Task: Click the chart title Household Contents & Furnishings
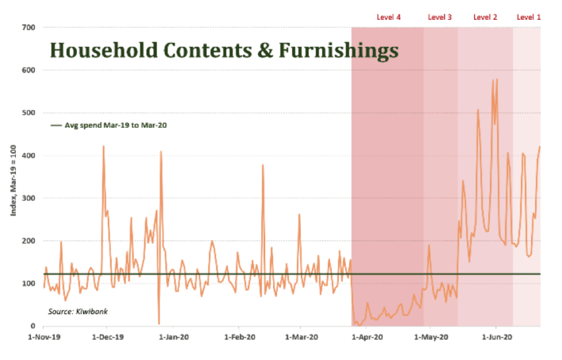[224, 51]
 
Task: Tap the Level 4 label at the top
[388, 17]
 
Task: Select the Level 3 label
[440, 17]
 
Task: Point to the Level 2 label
[485, 17]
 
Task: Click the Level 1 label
[528, 17]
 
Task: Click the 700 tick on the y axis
[29, 28]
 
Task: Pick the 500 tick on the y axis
[29, 113]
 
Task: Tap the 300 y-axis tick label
[29, 199]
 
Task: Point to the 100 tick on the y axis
[29, 284]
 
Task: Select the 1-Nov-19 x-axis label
[43, 337]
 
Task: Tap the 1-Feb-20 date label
[239, 337]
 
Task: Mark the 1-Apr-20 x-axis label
[368, 337]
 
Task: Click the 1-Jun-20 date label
[497, 337]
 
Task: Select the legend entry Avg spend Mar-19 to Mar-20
[110, 124]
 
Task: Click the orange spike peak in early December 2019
[104, 146]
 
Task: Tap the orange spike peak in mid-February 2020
[263, 165]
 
